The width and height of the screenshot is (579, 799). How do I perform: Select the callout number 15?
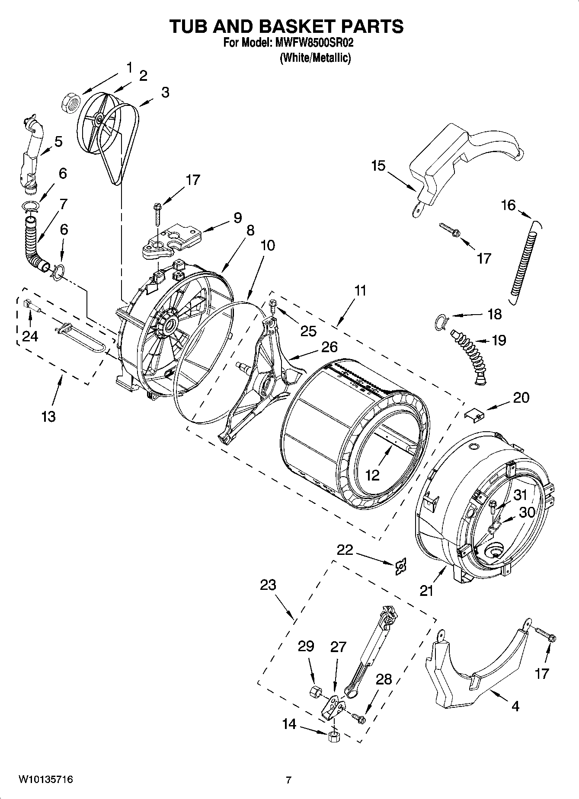[x=378, y=166]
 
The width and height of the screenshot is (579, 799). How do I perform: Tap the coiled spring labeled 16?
[x=524, y=260]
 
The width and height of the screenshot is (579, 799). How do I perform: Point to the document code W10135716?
[x=45, y=780]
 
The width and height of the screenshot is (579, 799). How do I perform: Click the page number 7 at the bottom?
[x=288, y=780]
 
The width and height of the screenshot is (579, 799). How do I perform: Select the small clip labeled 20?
[x=474, y=416]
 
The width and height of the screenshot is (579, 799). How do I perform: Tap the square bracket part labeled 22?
[x=401, y=566]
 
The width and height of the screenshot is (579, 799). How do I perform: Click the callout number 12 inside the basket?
[x=372, y=475]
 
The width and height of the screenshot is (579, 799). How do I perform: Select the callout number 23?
[x=268, y=585]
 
